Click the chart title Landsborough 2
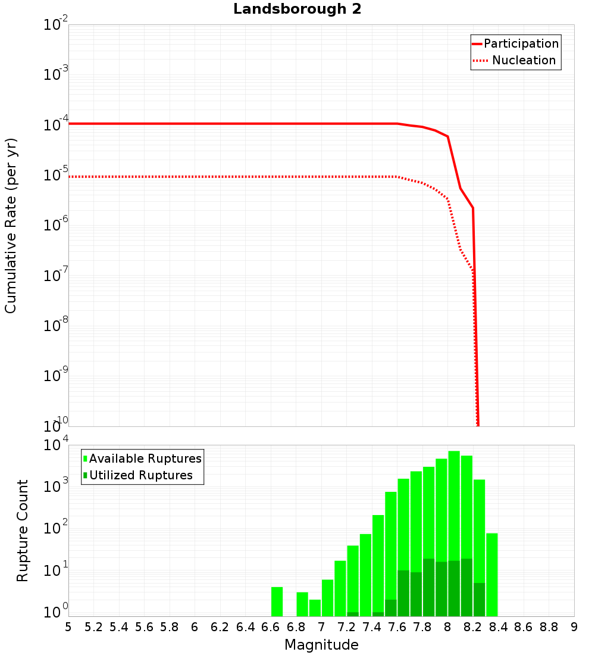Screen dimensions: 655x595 [x=297, y=10]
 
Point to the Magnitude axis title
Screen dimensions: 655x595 [x=321, y=645]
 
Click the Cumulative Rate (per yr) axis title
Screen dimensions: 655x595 [x=11, y=225]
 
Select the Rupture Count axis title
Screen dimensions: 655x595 [x=23, y=531]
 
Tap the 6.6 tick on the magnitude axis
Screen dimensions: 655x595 [x=271, y=627]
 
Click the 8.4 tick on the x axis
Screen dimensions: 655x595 [x=498, y=627]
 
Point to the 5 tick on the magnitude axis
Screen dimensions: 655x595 [x=68, y=627]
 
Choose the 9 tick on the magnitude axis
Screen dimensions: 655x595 [x=574, y=627]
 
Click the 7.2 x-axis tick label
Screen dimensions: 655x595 [x=346, y=627]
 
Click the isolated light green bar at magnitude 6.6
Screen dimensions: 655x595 [x=277, y=601]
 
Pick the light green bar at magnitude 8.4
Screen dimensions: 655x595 [x=491, y=575]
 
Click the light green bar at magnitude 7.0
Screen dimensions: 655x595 [x=327, y=598]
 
